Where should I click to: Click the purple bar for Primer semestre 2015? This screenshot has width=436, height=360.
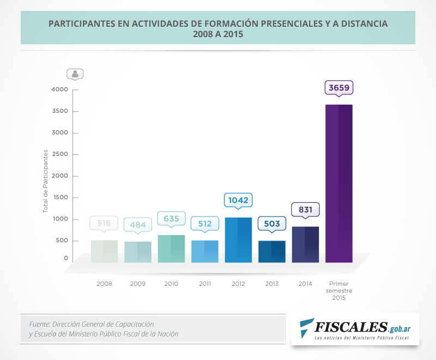338,183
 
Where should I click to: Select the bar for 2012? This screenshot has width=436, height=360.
238,240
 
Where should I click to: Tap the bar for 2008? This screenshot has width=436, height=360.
104,251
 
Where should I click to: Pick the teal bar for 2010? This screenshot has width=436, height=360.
171,249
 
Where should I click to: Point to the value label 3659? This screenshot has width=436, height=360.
338,87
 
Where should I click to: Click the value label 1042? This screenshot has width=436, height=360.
238,200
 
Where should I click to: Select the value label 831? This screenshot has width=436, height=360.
305,209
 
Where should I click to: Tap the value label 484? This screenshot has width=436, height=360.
137,225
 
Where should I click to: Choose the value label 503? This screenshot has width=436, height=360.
271,224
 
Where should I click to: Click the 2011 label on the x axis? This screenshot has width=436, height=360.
204,284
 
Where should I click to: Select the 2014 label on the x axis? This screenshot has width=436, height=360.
305,284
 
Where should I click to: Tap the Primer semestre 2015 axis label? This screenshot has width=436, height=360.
338,291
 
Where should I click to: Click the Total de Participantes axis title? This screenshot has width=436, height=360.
46,181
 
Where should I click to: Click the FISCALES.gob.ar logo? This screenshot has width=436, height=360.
354,329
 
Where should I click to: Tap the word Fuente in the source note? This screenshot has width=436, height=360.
40,324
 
